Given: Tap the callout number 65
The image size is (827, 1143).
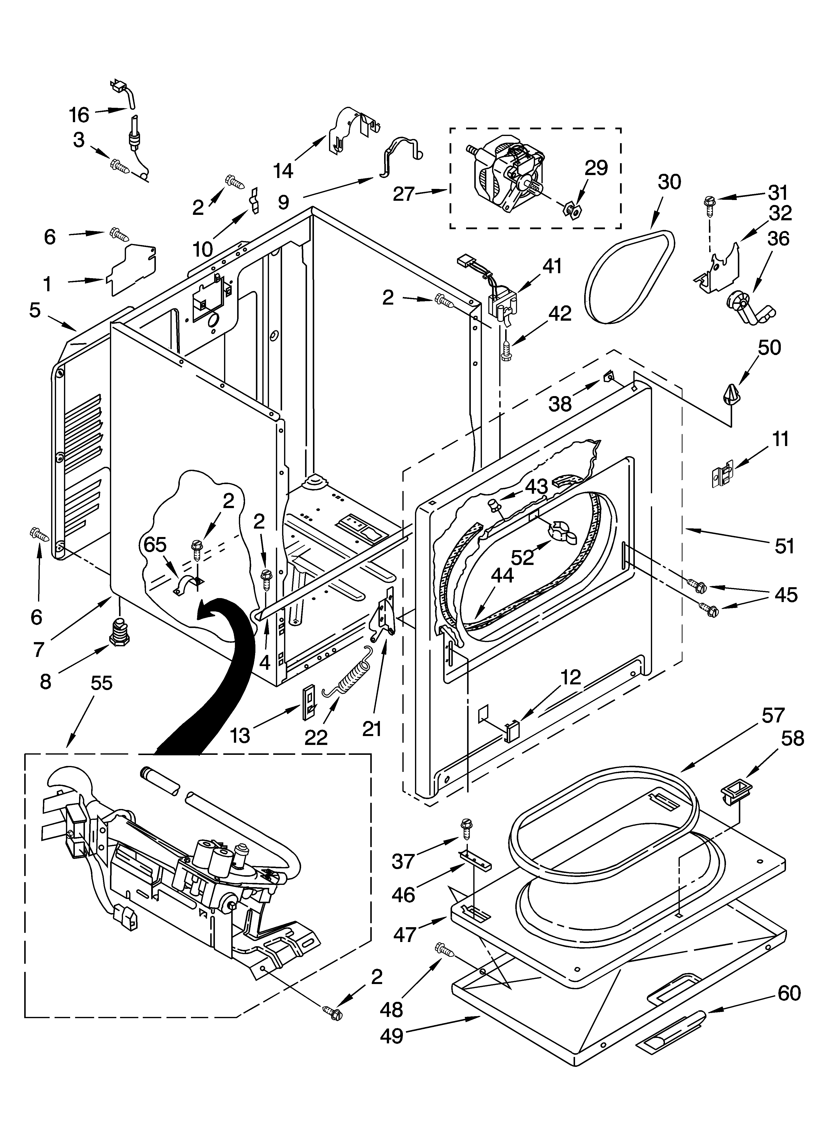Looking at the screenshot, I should pyautogui.click(x=155, y=545).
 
